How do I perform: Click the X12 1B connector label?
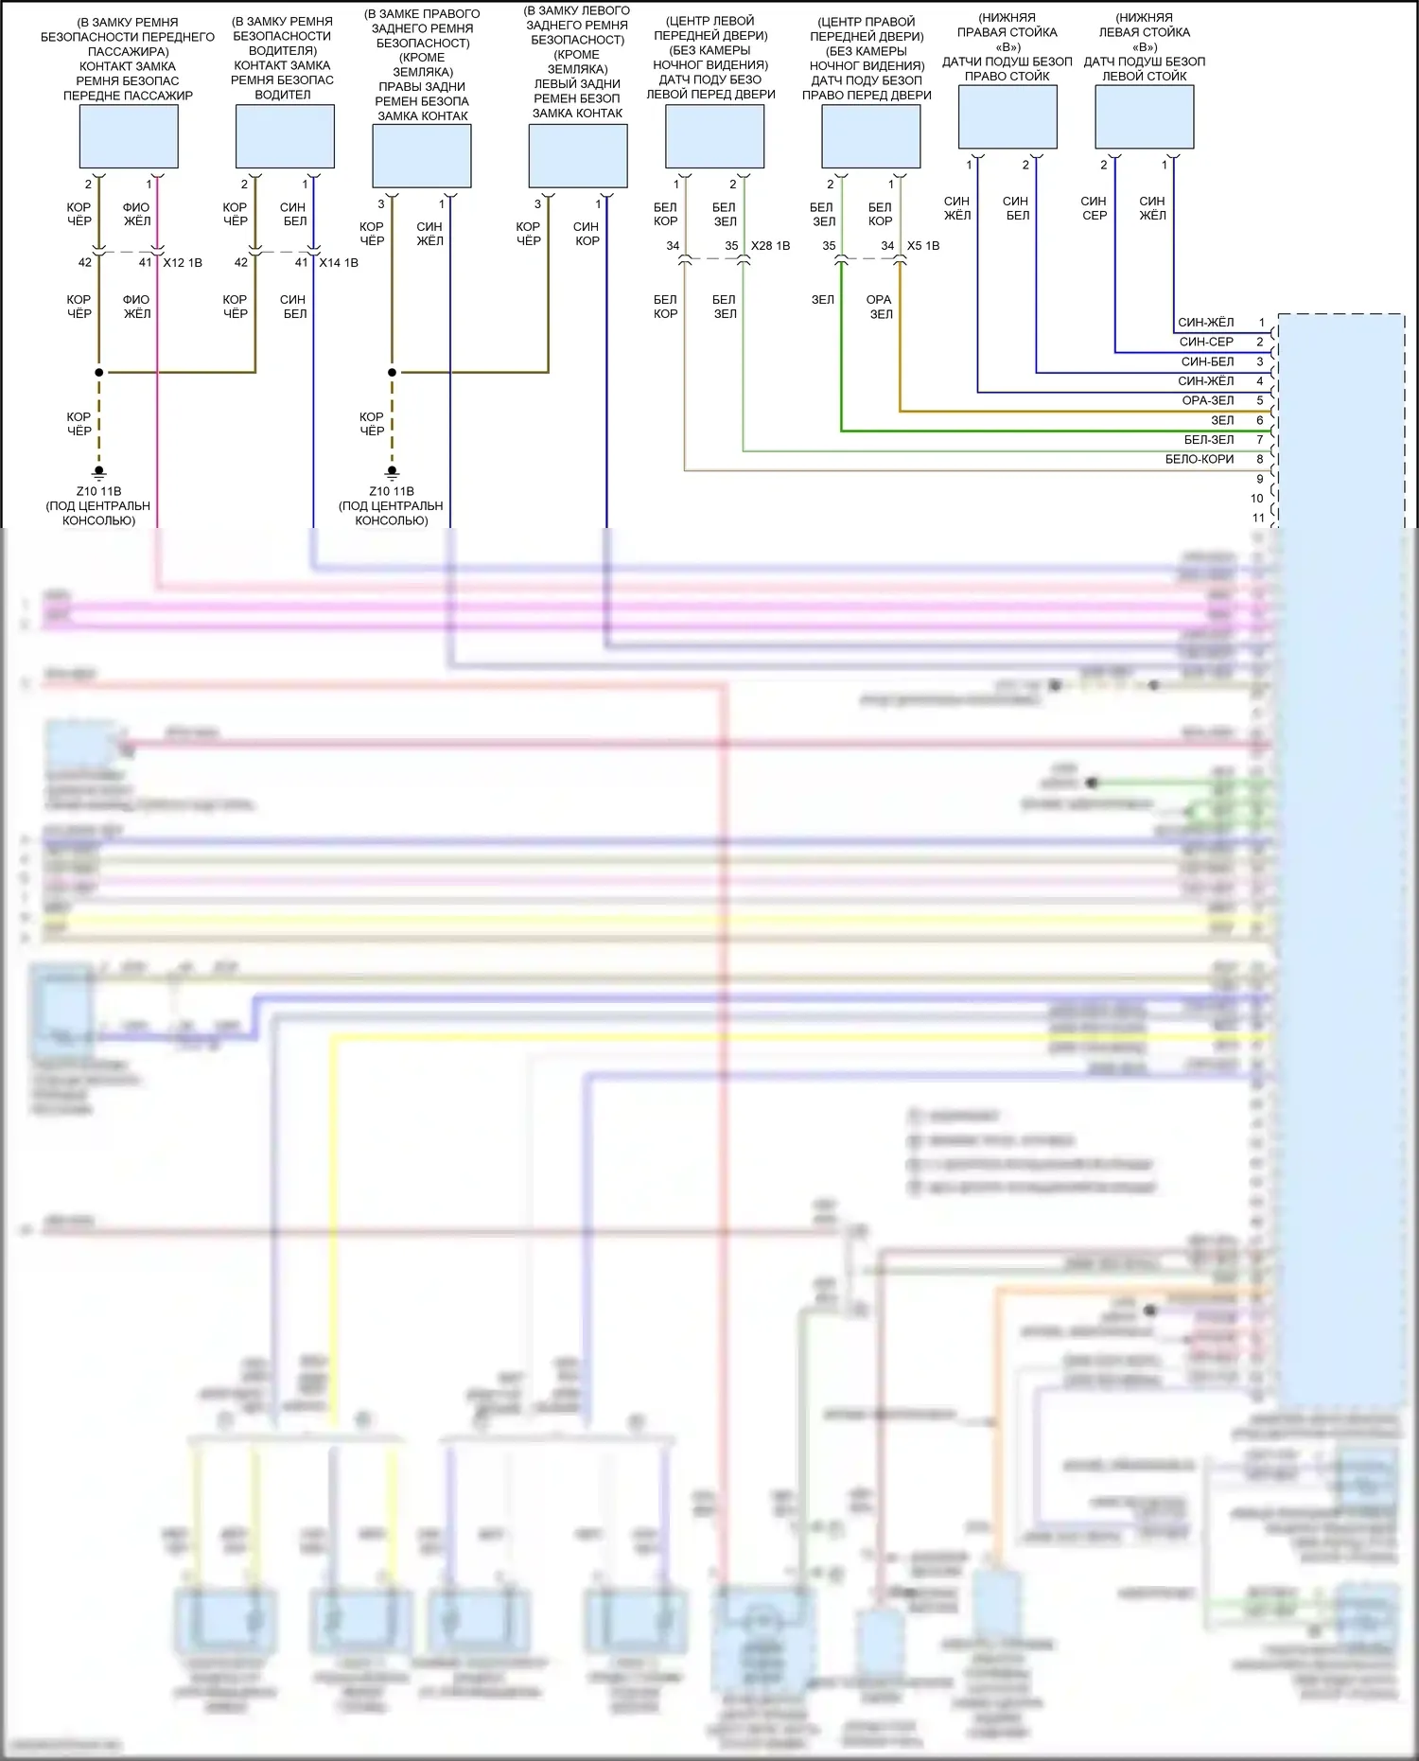click(x=183, y=263)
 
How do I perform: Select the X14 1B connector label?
click(x=339, y=263)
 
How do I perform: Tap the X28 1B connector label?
click(x=770, y=246)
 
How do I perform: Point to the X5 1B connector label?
click(x=923, y=246)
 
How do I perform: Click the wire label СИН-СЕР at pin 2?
click(x=1206, y=342)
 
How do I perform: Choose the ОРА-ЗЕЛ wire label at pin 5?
click(x=1208, y=400)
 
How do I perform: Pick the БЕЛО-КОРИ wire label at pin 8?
click(x=1200, y=459)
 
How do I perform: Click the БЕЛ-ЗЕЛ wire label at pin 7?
click(x=1209, y=439)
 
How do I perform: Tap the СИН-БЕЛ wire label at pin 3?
click(x=1207, y=361)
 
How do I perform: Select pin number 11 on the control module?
click(x=1258, y=518)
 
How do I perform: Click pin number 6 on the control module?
click(x=1260, y=420)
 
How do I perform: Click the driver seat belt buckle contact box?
click(x=285, y=136)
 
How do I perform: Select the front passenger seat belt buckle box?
click(x=129, y=136)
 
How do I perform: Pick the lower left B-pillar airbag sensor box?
click(x=1145, y=117)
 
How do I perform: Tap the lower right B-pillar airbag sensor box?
click(x=1007, y=117)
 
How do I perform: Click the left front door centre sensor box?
click(x=715, y=136)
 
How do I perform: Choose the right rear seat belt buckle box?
click(x=422, y=156)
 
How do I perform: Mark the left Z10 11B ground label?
click(x=98, y=491)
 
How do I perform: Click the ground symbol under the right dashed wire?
click(x=392, y=472)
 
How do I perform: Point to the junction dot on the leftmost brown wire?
click(x=99, y=373)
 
